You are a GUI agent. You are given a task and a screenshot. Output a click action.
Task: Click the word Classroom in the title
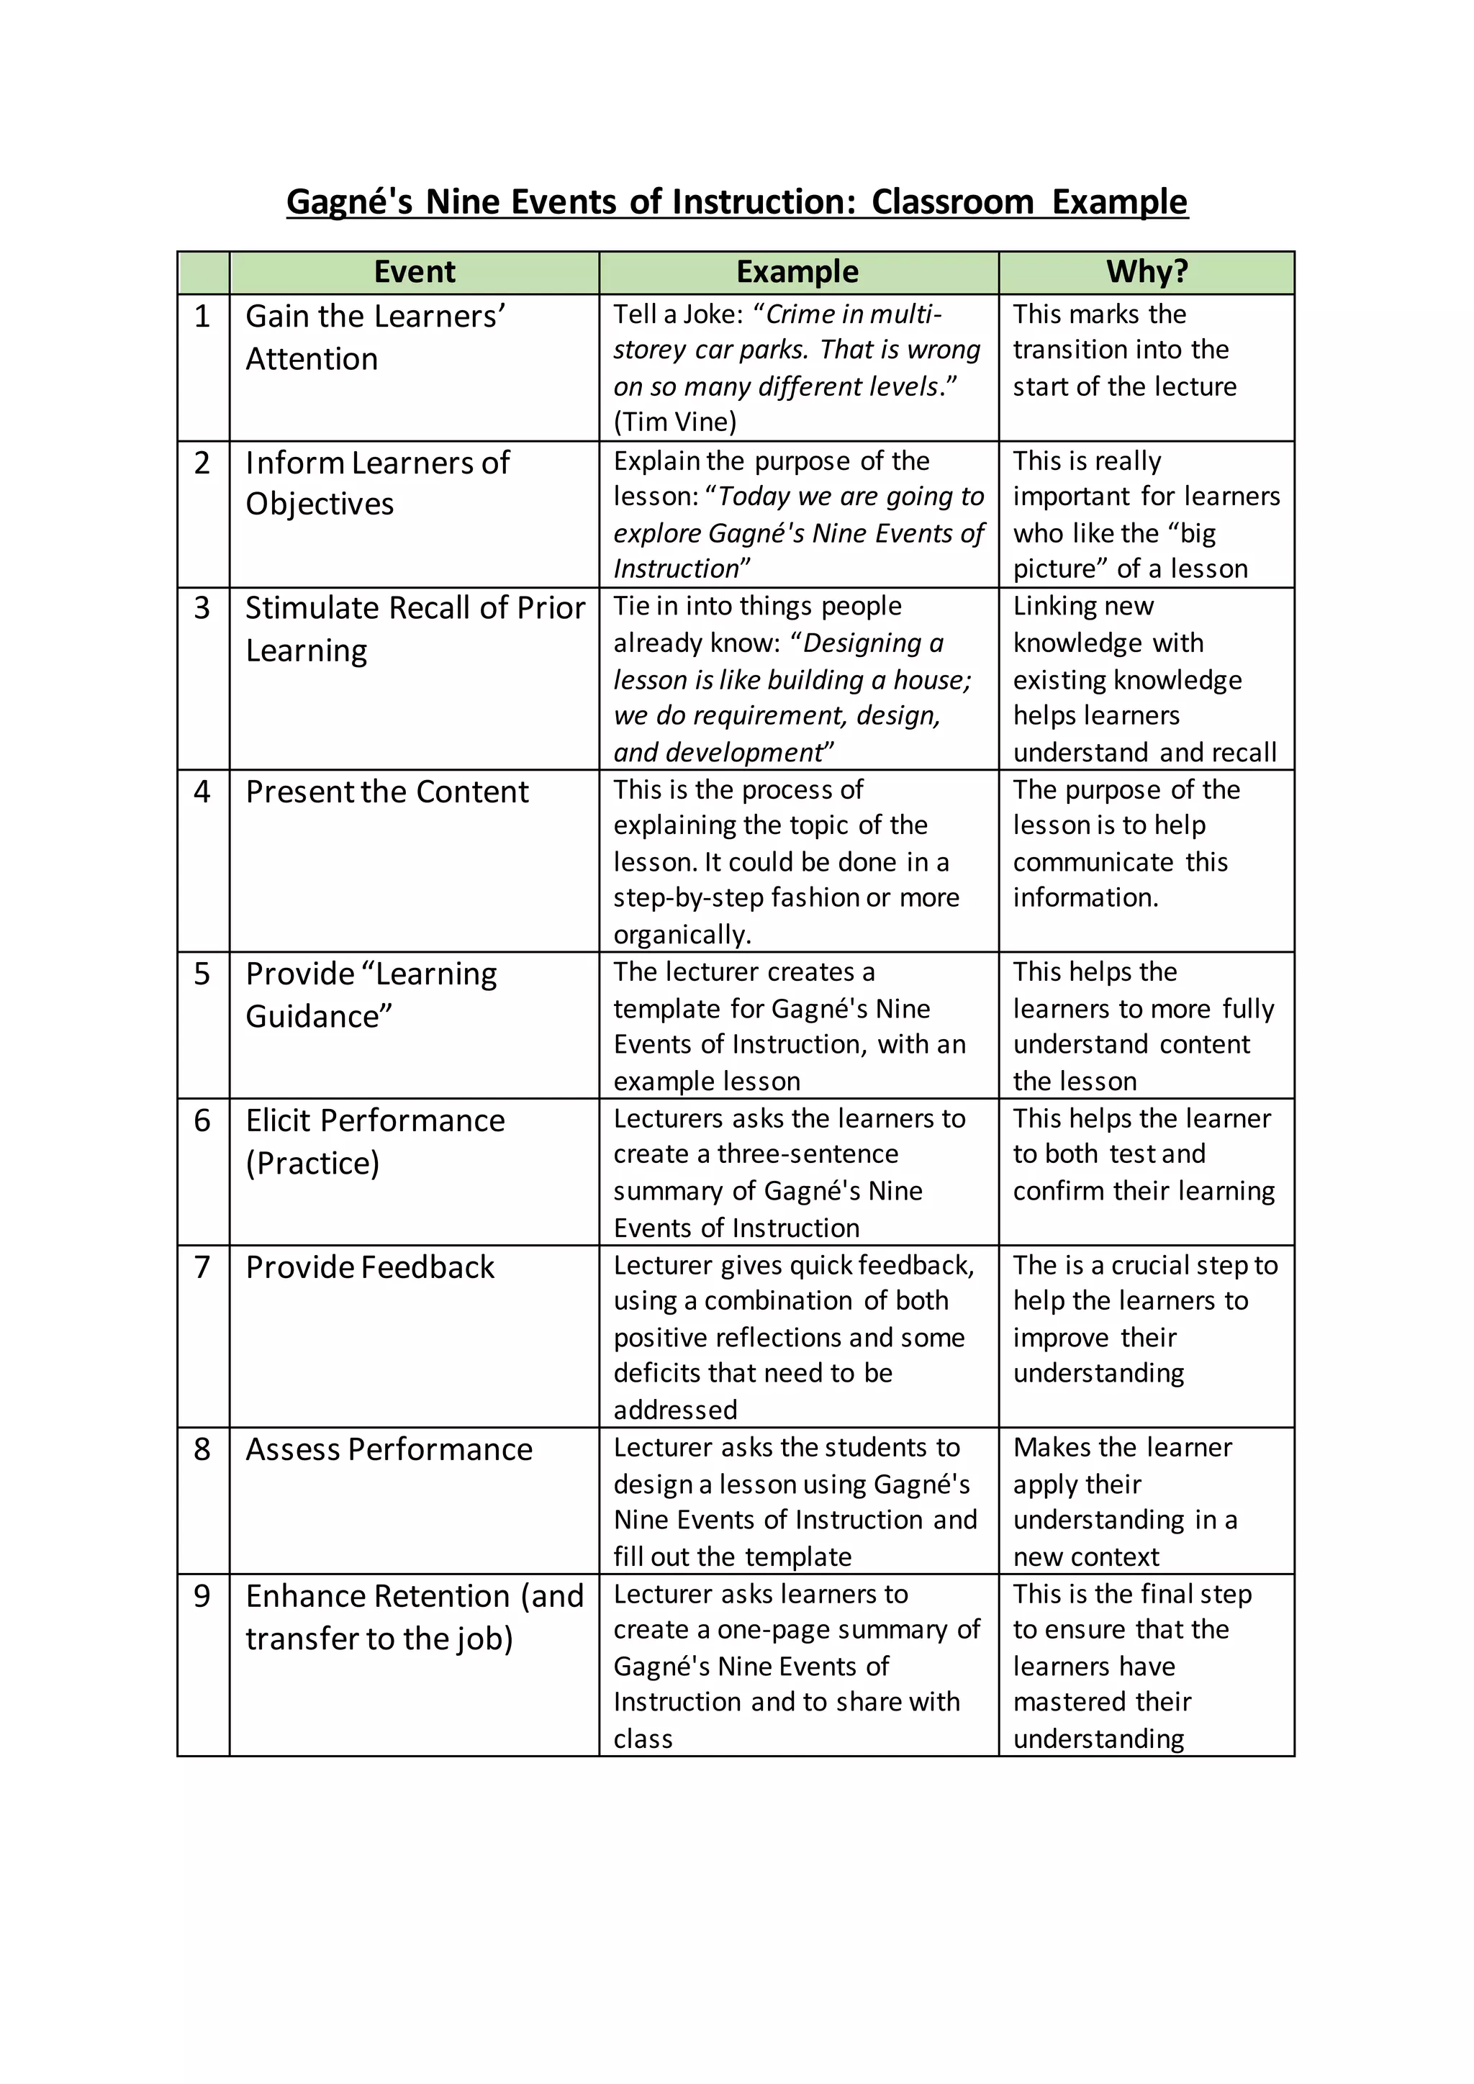coord(952,201)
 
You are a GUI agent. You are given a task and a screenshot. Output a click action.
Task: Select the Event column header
coord(415,271)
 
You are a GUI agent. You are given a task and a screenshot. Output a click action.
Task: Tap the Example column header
coord(797,271)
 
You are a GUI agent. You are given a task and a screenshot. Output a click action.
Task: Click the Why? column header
coord(1147,271)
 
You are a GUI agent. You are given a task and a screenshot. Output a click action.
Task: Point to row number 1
coord(202,317)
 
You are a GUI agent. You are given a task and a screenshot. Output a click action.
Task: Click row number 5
coord(202,974)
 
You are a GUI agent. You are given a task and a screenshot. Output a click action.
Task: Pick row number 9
coord(202,1595)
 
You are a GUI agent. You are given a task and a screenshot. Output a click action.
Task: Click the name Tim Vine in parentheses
coord(677,422)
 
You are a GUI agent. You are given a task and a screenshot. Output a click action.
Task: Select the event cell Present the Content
coord(386,792)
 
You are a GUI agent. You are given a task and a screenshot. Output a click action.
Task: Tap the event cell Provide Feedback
coord(371,1267)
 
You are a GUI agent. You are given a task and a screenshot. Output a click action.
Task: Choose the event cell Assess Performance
coord(389,1449)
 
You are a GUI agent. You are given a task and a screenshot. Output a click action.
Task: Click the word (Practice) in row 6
coord(312,1164)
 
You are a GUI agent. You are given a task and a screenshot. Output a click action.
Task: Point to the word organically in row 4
coord(681,934)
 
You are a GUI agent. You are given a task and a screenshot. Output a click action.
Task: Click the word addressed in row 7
coord(675,1410)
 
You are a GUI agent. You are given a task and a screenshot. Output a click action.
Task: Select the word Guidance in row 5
coord(317,1017)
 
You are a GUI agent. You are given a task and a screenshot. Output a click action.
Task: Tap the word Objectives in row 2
coord(320,504)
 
